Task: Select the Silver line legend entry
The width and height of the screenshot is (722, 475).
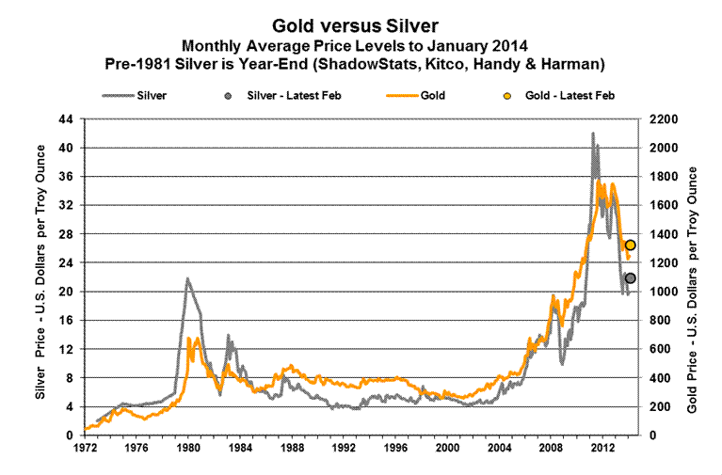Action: (137, 95)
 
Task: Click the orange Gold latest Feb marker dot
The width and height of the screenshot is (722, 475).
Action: (630, 245)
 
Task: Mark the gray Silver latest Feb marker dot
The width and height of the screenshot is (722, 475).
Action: (630, 278)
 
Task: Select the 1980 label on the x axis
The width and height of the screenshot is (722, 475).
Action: (187, 448)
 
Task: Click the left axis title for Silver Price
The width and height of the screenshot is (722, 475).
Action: (40, 277)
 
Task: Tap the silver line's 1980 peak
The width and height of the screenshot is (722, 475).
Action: (187, 278)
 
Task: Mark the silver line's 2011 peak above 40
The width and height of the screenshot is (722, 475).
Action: (592, 134)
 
